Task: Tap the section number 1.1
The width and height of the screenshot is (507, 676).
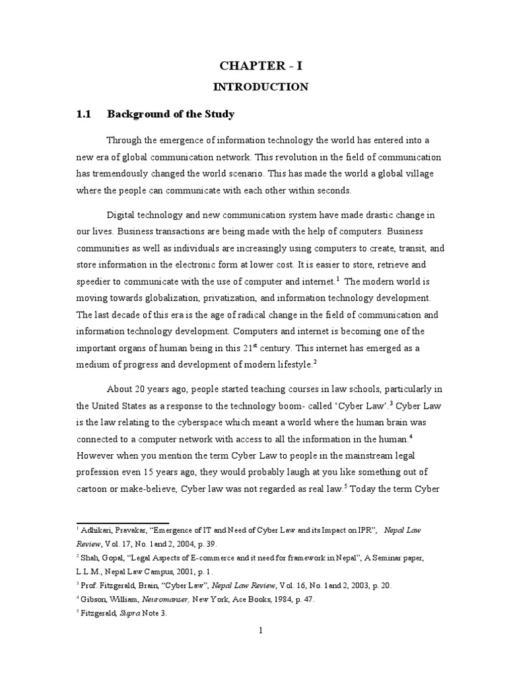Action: point(83,114)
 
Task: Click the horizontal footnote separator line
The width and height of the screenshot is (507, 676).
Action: point(123,522)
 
